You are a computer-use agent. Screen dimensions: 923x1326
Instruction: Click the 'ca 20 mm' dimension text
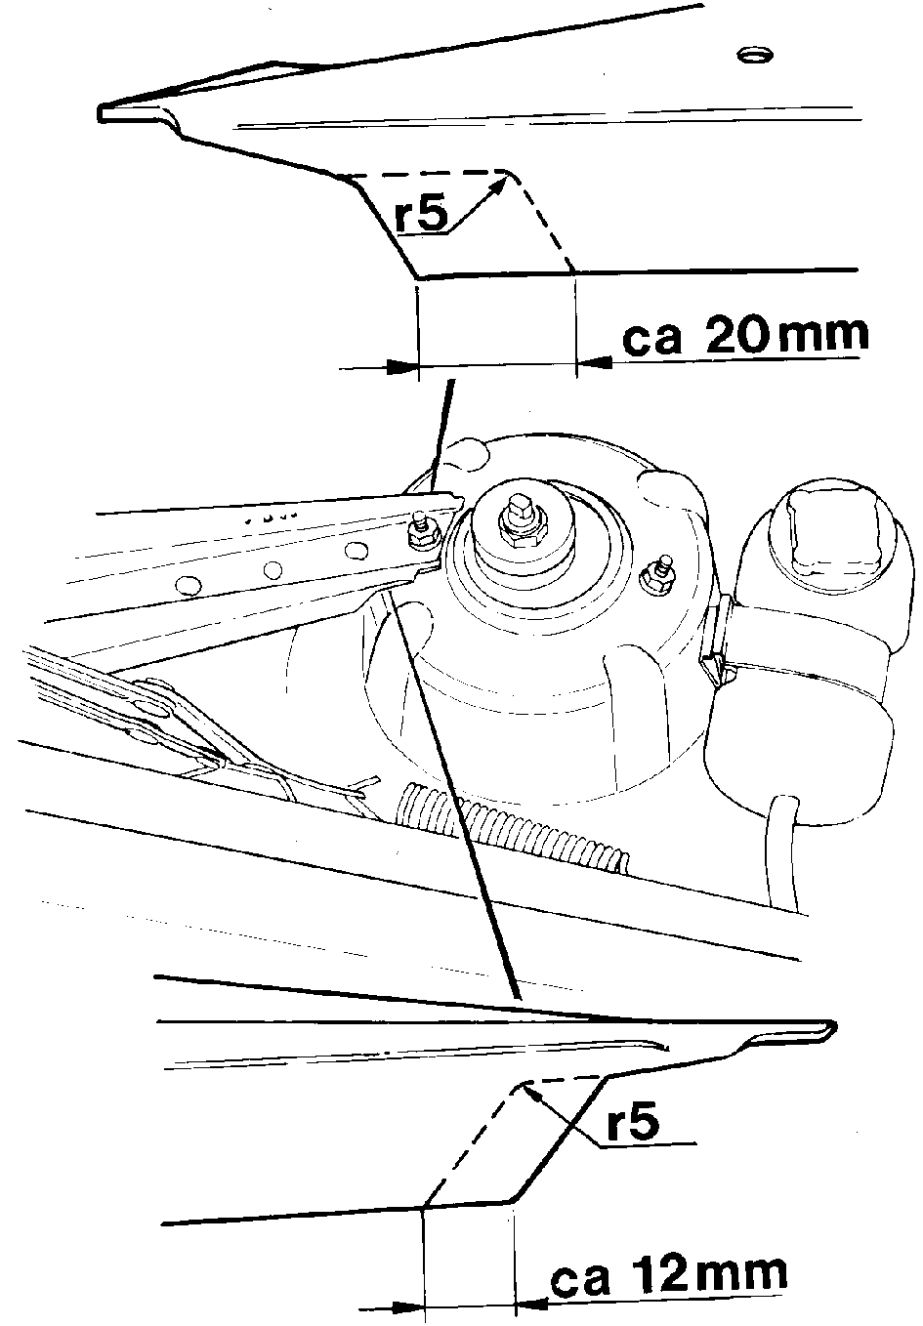[x=745, y=335]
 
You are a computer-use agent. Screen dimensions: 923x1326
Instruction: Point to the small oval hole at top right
[x=756, y=55]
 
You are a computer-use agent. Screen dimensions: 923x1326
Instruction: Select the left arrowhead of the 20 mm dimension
[x=401, y=367]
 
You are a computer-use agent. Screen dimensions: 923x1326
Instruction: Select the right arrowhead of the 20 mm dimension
[x=594, y=361]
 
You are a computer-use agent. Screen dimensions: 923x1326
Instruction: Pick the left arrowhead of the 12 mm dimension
[x=408, y=1305]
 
